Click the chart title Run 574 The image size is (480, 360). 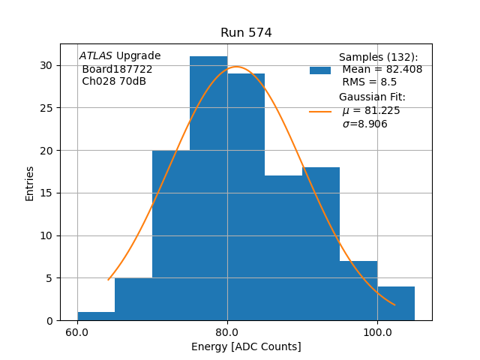tap(246, 33)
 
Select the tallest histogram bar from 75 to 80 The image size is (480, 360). tap(208, 187)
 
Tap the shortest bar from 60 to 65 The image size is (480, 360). tap(96, 316)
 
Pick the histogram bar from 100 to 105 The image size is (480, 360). tap(396, 303)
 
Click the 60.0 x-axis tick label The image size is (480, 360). tap(77, 332)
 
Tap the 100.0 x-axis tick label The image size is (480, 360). tap(377, 332)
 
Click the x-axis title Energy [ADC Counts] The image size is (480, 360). tap(246, 346)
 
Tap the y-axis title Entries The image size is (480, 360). tap(30, 183)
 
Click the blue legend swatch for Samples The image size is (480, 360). tap(320, 70)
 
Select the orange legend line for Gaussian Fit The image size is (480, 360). tap(320, 111)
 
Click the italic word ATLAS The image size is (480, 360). tap(95, 56)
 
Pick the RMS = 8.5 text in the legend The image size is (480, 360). tap(370, 82)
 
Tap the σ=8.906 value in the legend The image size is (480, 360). tap(365, 124)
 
